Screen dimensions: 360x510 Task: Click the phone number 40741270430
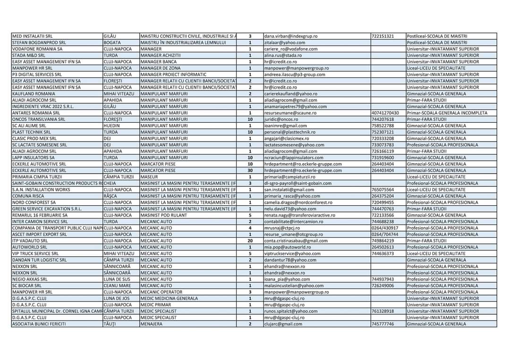(385, 113)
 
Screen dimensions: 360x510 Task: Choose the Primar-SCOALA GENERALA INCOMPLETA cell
(447, 113)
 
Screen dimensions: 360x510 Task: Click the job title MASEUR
(149, 177)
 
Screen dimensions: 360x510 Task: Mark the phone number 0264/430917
(385, 228)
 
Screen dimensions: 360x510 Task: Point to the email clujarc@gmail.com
(283, 324)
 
